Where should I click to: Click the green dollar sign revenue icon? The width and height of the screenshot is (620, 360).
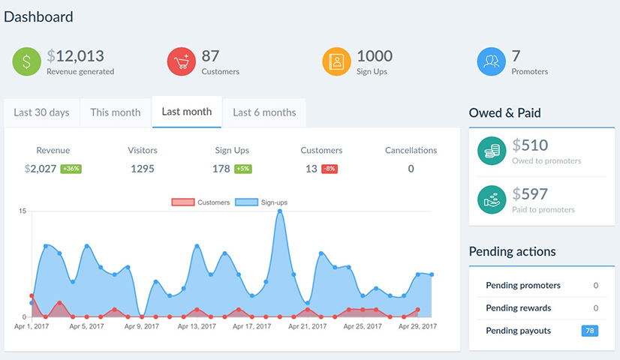pyautogui.click(x=27, y=61)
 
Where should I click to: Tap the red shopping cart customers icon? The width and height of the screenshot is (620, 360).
pyautogui.click(x=182, y=61)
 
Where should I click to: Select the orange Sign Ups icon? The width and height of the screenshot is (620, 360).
pyautogui.click(x=336, y=61)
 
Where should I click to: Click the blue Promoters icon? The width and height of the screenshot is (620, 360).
pyautogui.click(x=492, y=61)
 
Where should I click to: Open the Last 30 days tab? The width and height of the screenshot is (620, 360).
pyautogui.click(x=41, y=112)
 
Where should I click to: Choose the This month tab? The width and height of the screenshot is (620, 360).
pyautogui.click(x=115, y=112)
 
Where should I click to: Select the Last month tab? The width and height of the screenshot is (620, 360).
pyautogui.click(x=186, y=112)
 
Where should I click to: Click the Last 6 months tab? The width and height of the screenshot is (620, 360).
pyautogui.click(x=264, y=112)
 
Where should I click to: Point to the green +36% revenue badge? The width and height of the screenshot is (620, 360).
pyautogui.click(x=71, y=169)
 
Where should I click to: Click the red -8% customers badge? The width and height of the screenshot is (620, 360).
pyautogui.click(x=330, y=169)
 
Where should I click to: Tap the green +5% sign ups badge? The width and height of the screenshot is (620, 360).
pyautogui.click(x=242, y=169)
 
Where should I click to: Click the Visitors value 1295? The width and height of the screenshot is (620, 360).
pyautogui.click(x=142, y=169)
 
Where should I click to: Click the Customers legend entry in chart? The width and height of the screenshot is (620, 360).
pyautogui.click(x=200, y=202)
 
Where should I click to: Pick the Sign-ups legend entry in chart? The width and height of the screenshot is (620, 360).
pyautogui.click(x=261, y=202)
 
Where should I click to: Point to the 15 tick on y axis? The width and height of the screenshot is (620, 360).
pyautogui.click(x=23, y=211)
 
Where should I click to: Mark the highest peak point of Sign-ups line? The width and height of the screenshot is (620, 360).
pyautogui.click(x=280, y=211)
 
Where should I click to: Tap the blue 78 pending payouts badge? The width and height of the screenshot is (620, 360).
pyautogui.click(x=589, y=331)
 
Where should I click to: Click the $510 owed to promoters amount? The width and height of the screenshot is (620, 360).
pyautogui.click(x=530, y=145)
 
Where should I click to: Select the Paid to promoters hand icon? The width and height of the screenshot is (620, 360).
pyautogui.click(x=492, y=199)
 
